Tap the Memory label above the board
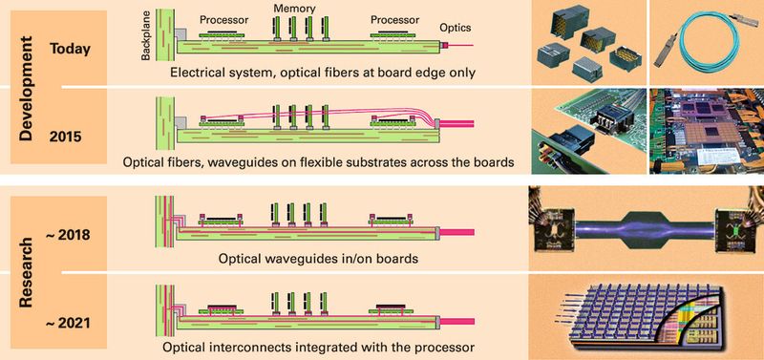(x=293, y=8)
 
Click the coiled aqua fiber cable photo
(x=707, y=43)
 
